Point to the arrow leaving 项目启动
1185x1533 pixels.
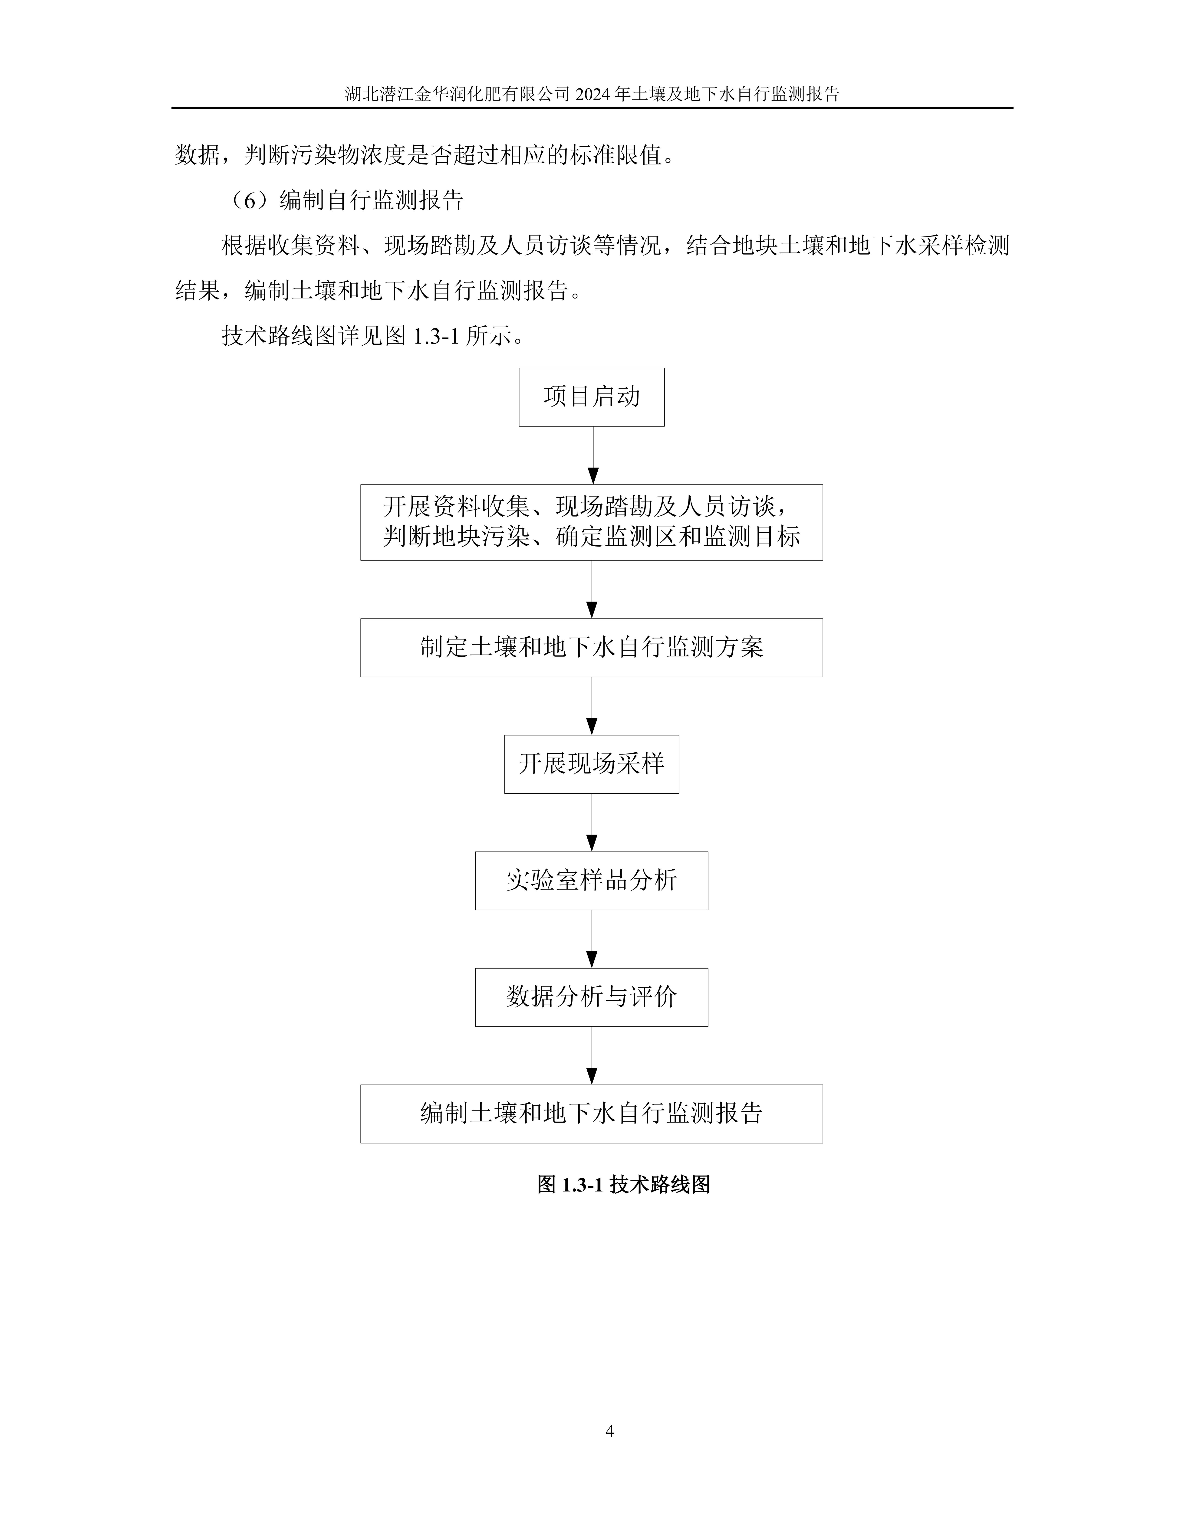click(592, 455)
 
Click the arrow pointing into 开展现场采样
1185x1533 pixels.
click(592, 705)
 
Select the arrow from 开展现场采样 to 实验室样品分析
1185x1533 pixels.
click(592, 822)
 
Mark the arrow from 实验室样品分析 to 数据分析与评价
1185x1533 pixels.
click(592, 938)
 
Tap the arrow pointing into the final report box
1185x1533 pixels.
click(592, 1055)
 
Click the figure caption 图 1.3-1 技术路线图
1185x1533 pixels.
click(623, 1185)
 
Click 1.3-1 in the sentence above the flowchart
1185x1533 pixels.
click(435, 336)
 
